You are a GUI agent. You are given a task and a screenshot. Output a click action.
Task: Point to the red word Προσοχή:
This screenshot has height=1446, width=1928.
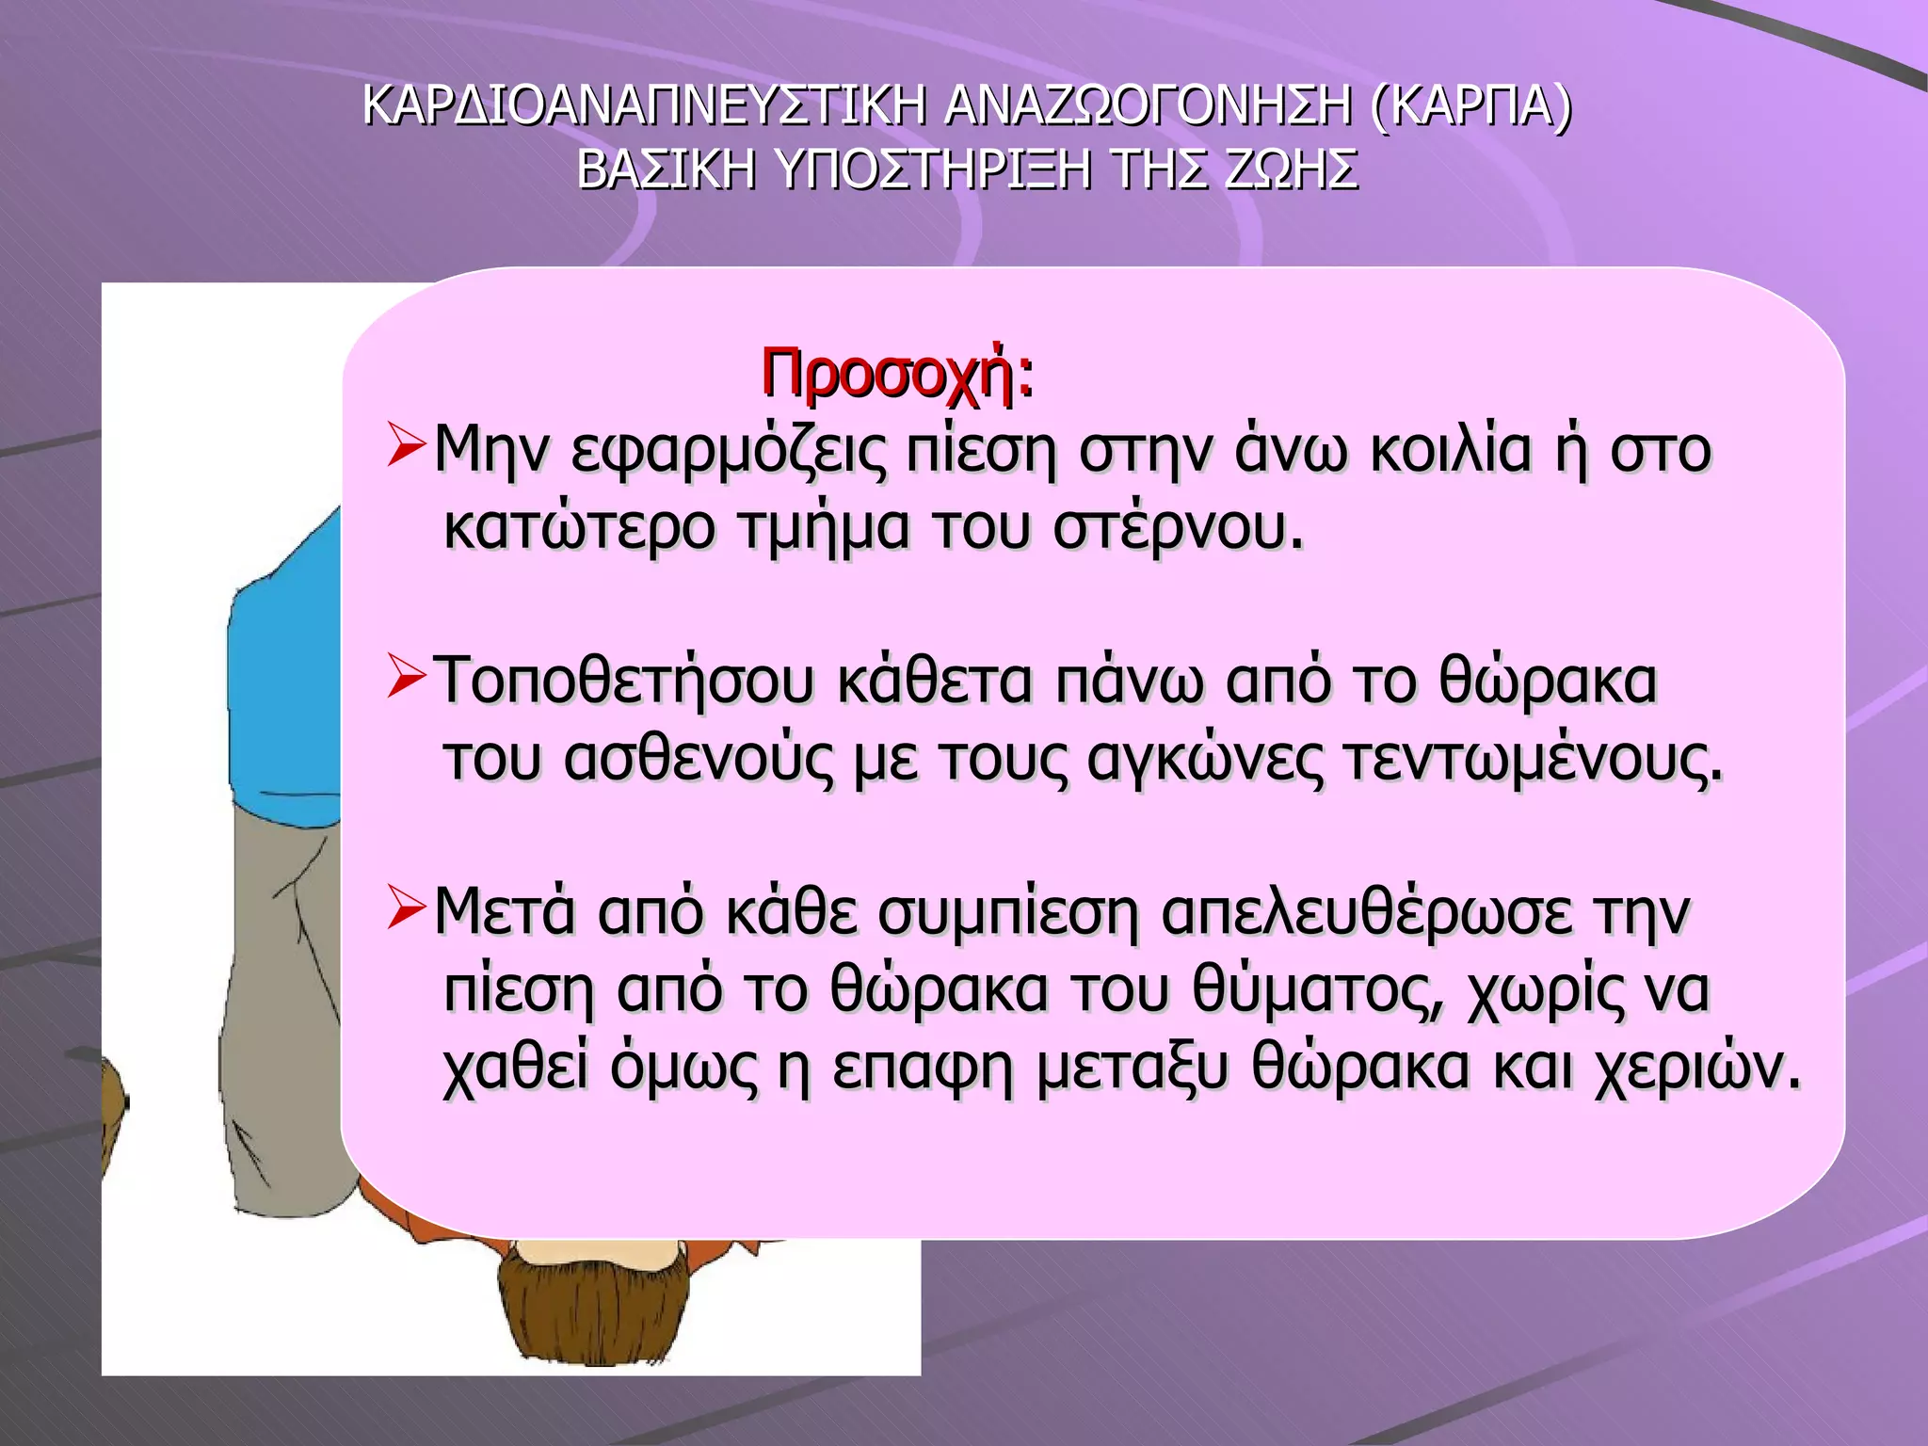point(896,375)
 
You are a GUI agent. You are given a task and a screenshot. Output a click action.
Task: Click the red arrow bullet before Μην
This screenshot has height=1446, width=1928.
point(407,447)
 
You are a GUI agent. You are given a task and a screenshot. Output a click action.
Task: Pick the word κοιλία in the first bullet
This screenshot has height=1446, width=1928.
point(1451,450)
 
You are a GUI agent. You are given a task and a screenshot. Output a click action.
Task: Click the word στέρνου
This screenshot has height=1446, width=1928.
point(1178,529)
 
